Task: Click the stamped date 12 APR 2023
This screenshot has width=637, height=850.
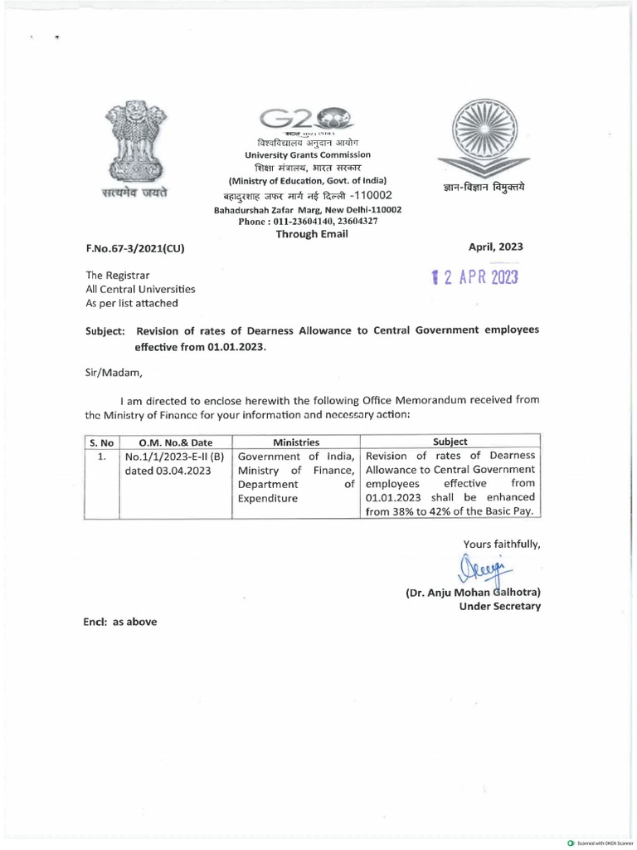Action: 471,276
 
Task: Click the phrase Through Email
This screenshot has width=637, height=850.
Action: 311,234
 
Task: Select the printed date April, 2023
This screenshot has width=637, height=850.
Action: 496,247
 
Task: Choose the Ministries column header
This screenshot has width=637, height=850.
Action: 296,442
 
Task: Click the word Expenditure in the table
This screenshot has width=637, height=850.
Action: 268,498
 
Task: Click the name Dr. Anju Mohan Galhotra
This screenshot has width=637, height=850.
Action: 474,593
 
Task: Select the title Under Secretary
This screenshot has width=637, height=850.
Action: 499,607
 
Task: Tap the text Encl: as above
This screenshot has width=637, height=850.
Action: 119,622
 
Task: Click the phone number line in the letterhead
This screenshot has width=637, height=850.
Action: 309,222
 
